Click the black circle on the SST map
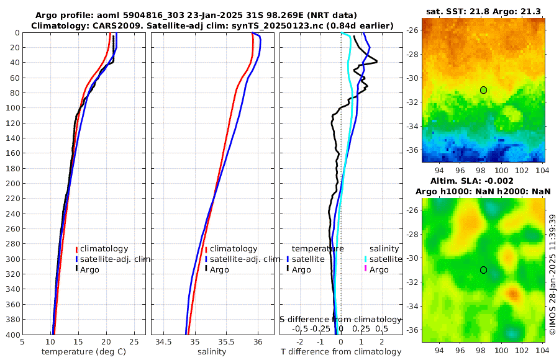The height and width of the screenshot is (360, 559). point(483,90)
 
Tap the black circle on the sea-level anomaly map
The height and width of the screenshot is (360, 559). point(483,270)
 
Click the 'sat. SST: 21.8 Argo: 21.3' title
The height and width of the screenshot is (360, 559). point(484,12)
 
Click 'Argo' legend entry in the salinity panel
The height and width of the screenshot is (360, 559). point(219,269)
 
